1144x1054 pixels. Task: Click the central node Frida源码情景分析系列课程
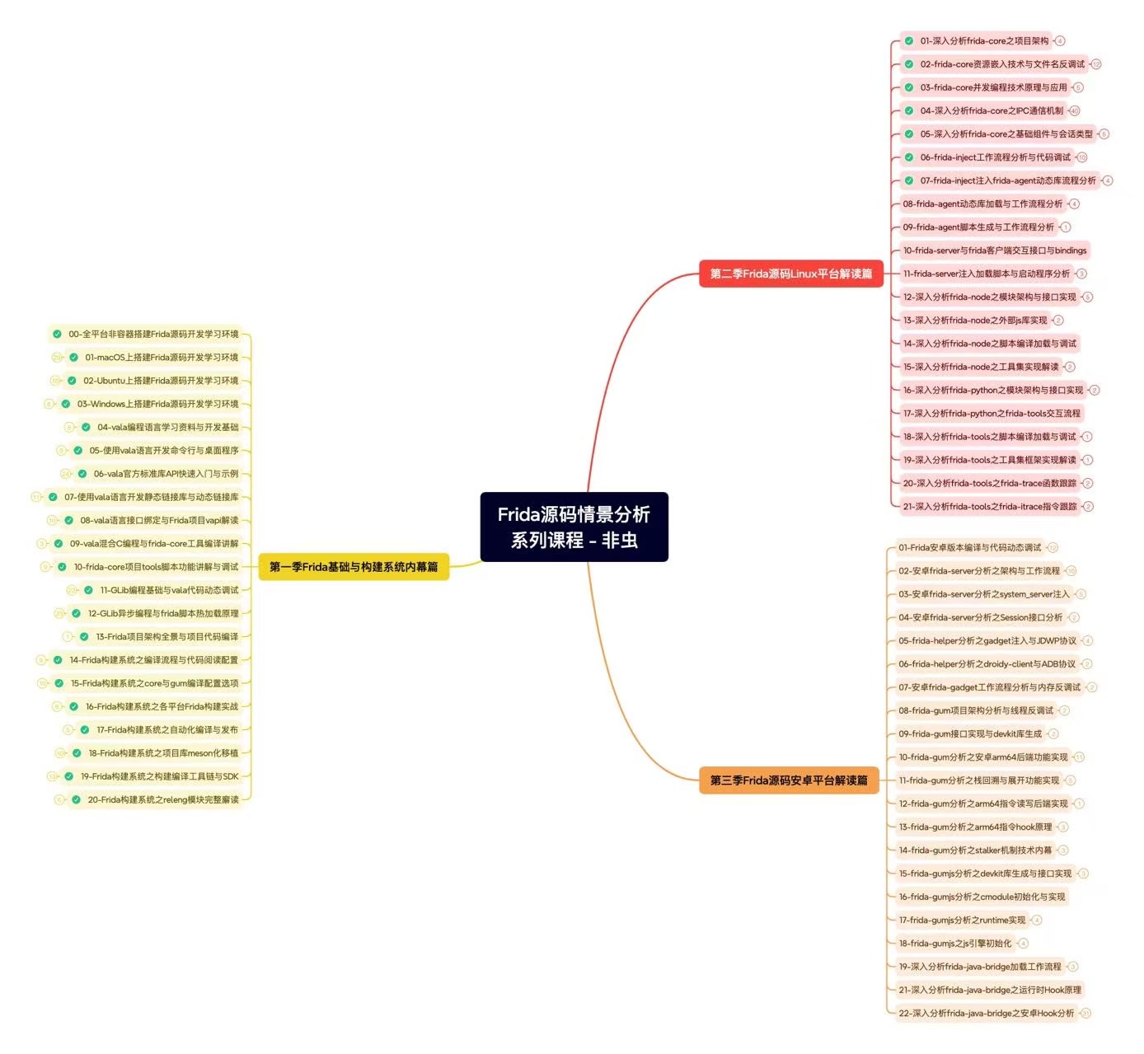click(x=574, y=527)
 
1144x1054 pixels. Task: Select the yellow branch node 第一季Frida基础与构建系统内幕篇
click(x=354, y=567)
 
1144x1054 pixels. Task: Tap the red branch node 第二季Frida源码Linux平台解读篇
click(x=790, y=274)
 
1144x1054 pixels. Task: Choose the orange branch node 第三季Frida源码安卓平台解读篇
click(x=789, y=780)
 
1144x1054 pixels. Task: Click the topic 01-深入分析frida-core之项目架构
click(x=984, y=40)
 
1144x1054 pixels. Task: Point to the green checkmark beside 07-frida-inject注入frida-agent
click(x=909, y=180)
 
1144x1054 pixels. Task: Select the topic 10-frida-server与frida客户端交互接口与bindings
click(x=994, y=251)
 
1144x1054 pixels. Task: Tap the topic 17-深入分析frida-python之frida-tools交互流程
click(x=991, y=414)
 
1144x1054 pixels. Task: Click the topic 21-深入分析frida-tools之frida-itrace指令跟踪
click(x=989, y=507)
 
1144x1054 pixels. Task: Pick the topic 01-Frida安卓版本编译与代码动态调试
click(x=969, y=547)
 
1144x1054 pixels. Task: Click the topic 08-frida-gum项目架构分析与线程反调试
click(x=975, y=710)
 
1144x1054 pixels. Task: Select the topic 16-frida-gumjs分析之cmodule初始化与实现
click(x=982, y=897)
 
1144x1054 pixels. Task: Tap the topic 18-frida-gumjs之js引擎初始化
click(x=954, y=944)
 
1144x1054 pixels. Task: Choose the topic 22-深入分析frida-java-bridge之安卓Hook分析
click(x=986, y=1014)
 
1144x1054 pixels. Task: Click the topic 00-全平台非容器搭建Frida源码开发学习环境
click(x=153, y=335)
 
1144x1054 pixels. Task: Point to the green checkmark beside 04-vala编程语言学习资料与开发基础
click(x=86, y=427)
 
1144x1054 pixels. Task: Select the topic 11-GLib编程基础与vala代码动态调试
click(x=169, y=590)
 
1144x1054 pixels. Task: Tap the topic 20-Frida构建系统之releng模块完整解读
click(x=163, y=799)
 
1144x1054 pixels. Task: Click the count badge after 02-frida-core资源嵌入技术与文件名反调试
click(x=1096, y=64)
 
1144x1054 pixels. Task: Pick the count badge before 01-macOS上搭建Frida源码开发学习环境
click(x=57, y=358)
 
